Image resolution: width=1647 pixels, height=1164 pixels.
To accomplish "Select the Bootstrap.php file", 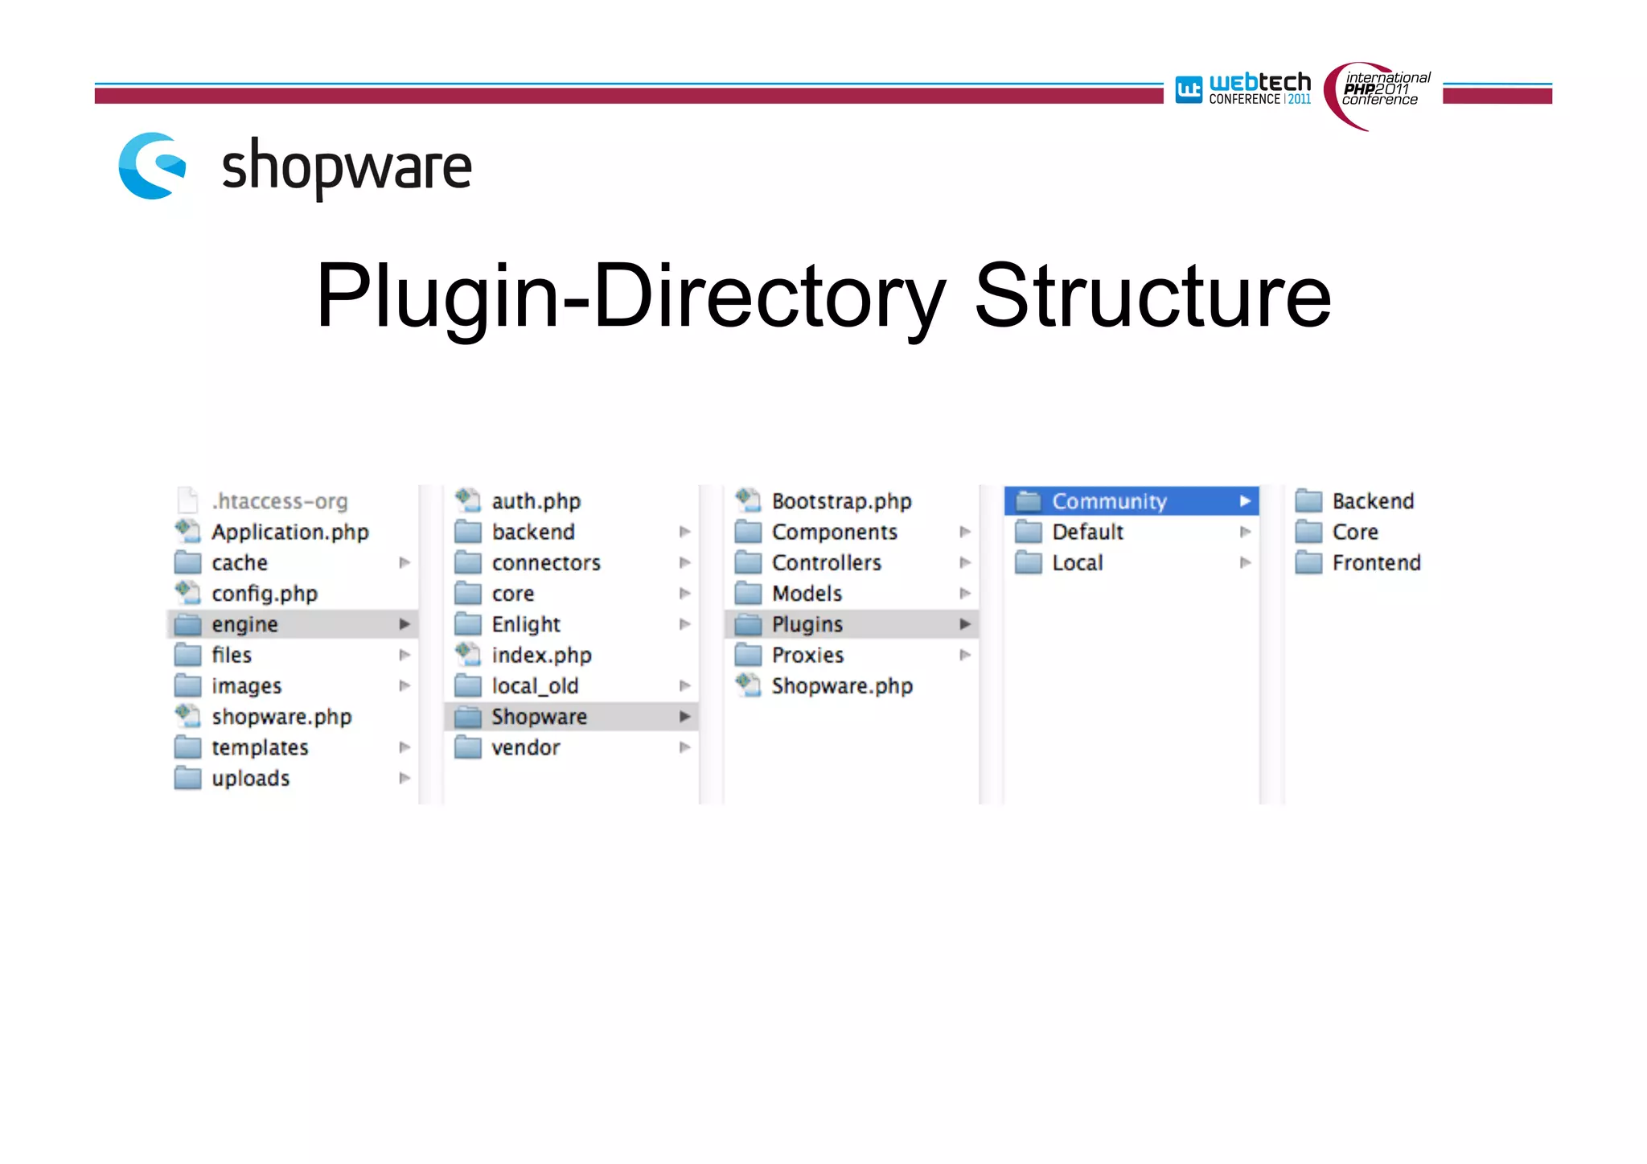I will (x=841, y=501).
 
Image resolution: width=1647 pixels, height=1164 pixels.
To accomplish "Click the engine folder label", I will (x=244, y=624).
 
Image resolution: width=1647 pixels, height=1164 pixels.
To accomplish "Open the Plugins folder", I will (x=807, y=624).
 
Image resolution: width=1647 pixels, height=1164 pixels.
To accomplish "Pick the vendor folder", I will (x=525, y=748).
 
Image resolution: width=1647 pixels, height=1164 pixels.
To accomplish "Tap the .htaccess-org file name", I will (x=279, y=501).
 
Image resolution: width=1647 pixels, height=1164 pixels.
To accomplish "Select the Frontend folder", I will (x=1376, y=563).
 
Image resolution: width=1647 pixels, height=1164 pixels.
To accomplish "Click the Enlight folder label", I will (x=526, y=624).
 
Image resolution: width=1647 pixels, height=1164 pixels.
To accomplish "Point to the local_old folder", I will (x=535, y=686).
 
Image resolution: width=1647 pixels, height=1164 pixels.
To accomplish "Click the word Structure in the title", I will (x=1152, y=296).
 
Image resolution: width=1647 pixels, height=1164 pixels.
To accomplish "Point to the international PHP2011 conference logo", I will (x=1378, y=93).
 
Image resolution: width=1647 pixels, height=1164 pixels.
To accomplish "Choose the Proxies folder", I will (x=807, y=656).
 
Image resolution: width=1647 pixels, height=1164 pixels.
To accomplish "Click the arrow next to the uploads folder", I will (x=405, y=778).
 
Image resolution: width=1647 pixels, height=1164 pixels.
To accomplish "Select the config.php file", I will (x=264, y=594).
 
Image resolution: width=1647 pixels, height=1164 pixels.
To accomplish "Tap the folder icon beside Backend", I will (x=1308, y=501).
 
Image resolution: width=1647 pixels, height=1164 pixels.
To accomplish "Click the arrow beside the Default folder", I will (x=1245, y=532).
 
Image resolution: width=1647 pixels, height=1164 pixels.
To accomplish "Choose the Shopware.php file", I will (x=842, y=686).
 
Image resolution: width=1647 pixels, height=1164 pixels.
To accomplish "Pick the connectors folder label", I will (x=546, y=563).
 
